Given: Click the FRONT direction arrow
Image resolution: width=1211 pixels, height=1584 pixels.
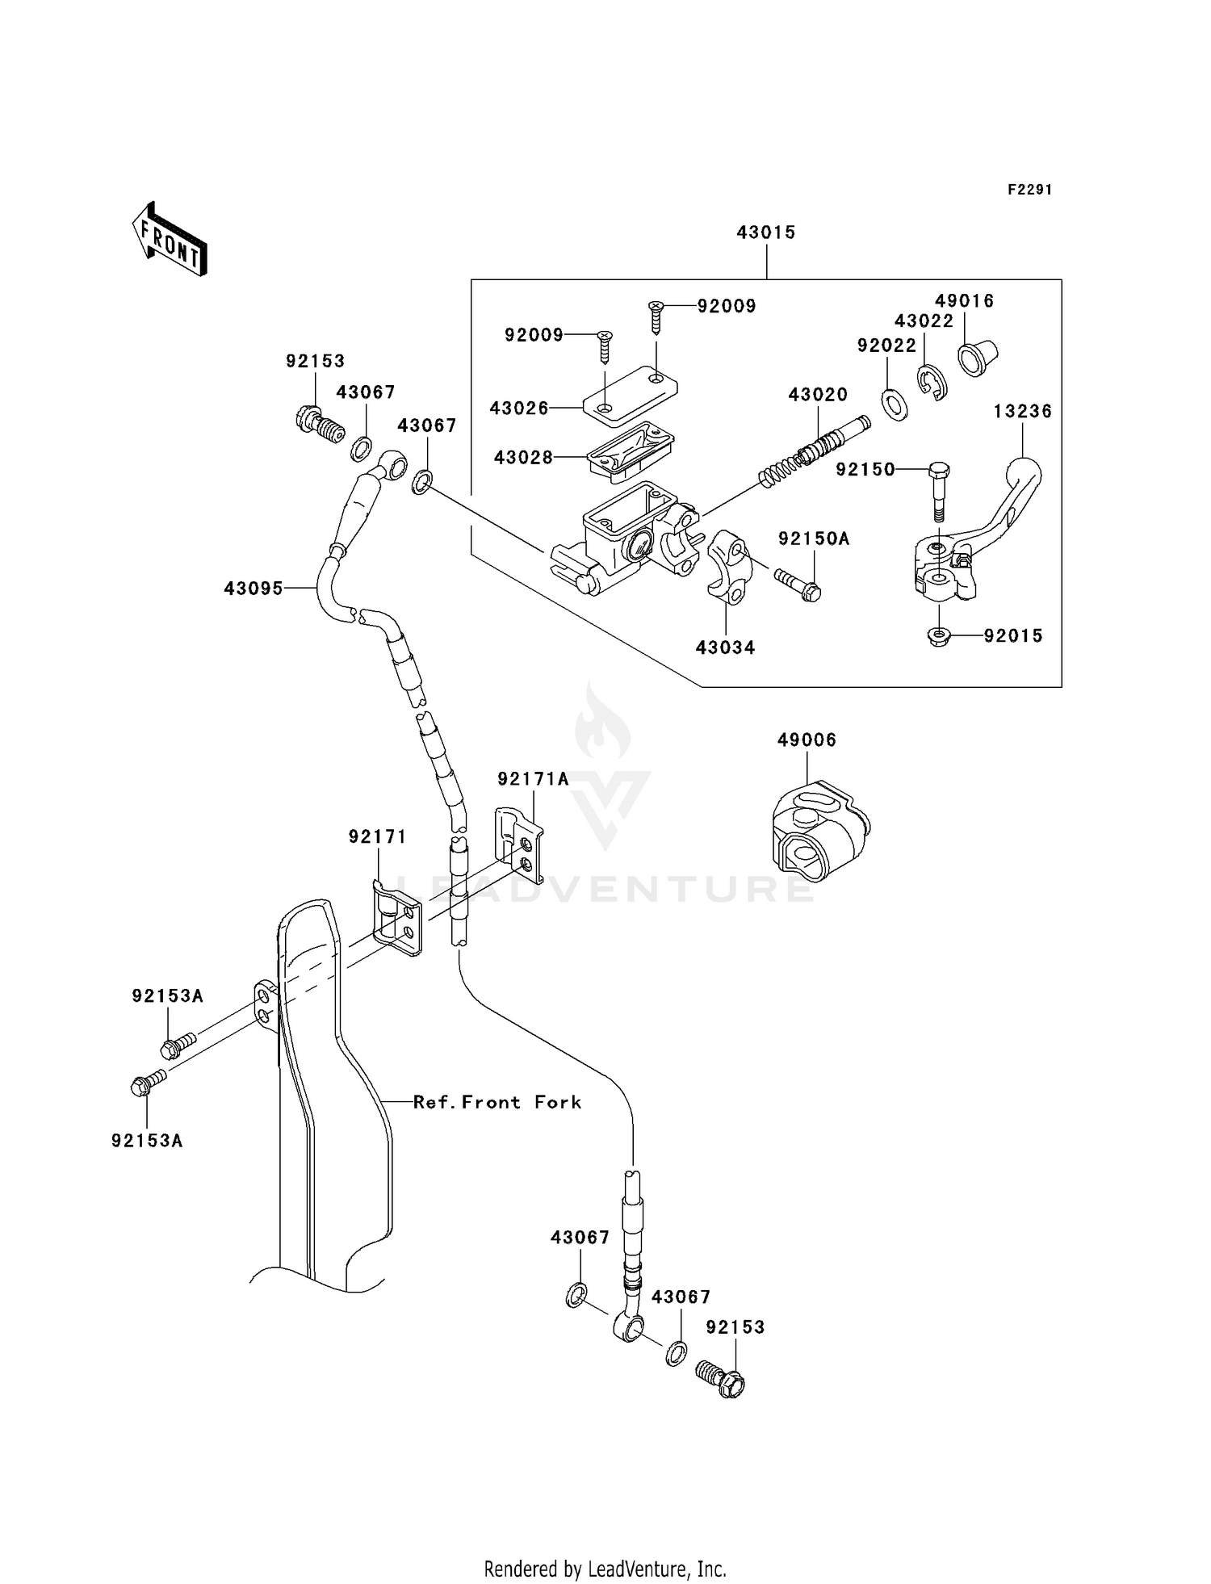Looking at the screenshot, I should coord(170,240).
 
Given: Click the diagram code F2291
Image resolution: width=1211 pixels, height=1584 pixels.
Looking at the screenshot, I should coord(1029,190).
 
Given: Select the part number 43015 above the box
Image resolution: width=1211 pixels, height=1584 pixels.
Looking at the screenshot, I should coord(765,233).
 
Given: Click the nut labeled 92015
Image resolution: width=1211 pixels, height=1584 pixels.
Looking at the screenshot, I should coord(938,637).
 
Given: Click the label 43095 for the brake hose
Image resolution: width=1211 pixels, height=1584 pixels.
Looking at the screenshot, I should coord(254,589).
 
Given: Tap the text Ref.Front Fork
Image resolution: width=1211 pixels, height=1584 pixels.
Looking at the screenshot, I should coord(497,1102).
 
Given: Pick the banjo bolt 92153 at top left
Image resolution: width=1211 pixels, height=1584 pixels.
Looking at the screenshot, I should coord(318,425).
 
